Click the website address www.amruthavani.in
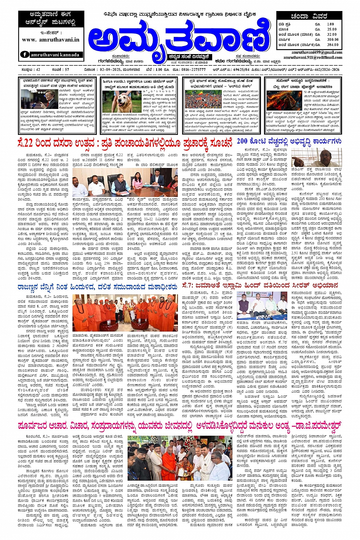[51, 40]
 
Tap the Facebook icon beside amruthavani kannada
[25, 54]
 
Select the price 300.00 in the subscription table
[332, 39]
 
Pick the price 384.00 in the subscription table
[332, 45]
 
